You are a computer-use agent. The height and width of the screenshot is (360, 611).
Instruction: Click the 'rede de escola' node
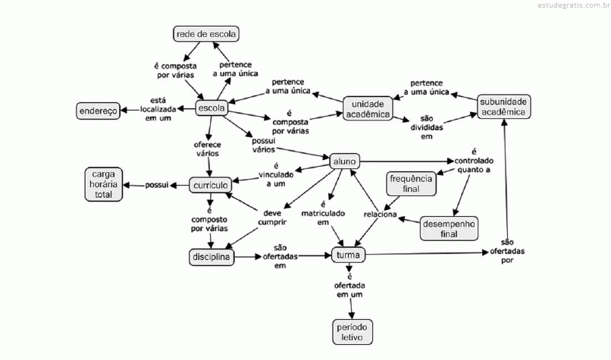tap(205, 34)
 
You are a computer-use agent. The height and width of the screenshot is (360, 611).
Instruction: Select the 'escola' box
tap(211, 108)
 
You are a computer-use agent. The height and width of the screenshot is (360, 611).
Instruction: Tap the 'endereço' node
tap(98, 111)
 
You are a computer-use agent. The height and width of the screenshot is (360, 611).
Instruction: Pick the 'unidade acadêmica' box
tap(367, 108)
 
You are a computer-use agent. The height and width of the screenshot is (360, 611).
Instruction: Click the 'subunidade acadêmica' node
tap(503, 106)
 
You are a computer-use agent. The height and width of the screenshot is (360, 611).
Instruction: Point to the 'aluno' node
tap(344, 161)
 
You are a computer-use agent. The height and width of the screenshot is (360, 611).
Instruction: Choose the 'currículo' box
tap(210, 185)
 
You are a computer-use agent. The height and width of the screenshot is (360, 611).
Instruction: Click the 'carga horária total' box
tap(103, 184)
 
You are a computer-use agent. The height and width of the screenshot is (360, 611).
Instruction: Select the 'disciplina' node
tap(210, 258)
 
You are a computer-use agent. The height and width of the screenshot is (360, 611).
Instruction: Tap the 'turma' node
tap(348, 255)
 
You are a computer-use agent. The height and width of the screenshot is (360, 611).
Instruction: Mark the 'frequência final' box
tap(410, 183)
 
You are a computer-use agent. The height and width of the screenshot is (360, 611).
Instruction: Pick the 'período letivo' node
tap(352, 331)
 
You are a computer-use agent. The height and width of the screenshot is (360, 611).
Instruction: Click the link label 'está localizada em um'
tap(158, 108)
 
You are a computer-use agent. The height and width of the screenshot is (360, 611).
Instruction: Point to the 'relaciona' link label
tap(380, 214)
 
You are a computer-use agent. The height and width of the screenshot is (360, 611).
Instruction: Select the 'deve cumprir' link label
tap(274, 218)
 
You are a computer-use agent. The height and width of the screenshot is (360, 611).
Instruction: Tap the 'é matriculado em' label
tap(323, 213)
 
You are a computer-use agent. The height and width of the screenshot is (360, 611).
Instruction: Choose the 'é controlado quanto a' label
tap(473, 161)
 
